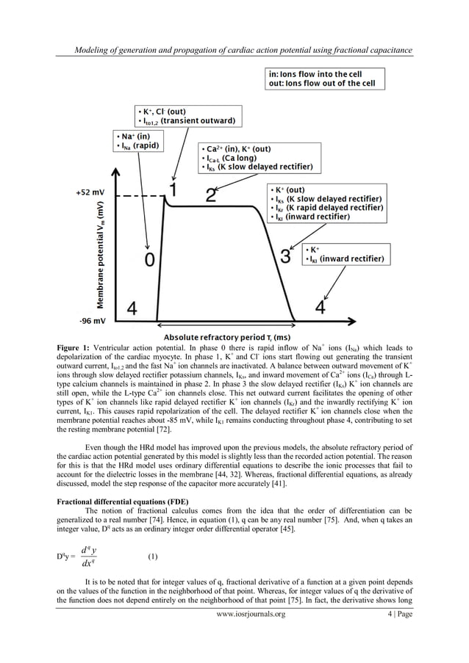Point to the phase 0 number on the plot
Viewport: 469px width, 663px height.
[150, 261]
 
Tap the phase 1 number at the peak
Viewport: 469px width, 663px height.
[173, 191]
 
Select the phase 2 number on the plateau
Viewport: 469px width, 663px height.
[212, 195]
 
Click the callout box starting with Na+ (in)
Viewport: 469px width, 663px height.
[137, 141]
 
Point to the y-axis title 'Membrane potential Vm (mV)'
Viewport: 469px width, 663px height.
[100, 253]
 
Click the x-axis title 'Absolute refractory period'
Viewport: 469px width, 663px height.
[234, 335]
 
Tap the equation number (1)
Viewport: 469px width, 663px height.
[153, 557]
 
